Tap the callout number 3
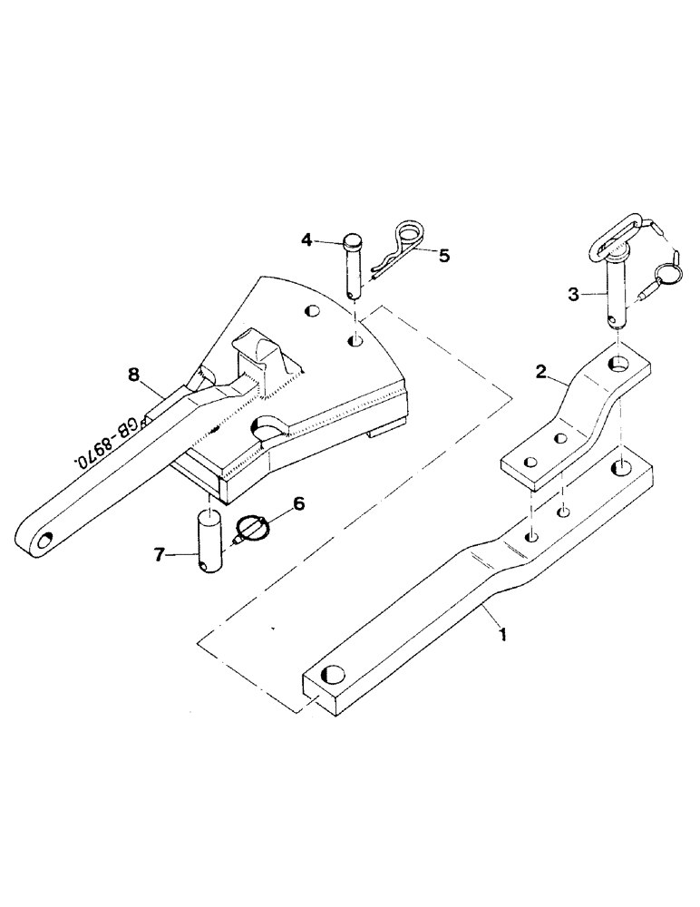(573, 294)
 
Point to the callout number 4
(306, 239)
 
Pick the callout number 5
(444, 256)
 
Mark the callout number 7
(160, 554)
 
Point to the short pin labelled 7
(211, 541)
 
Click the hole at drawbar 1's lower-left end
(334, 676)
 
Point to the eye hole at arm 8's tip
(42, 543)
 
